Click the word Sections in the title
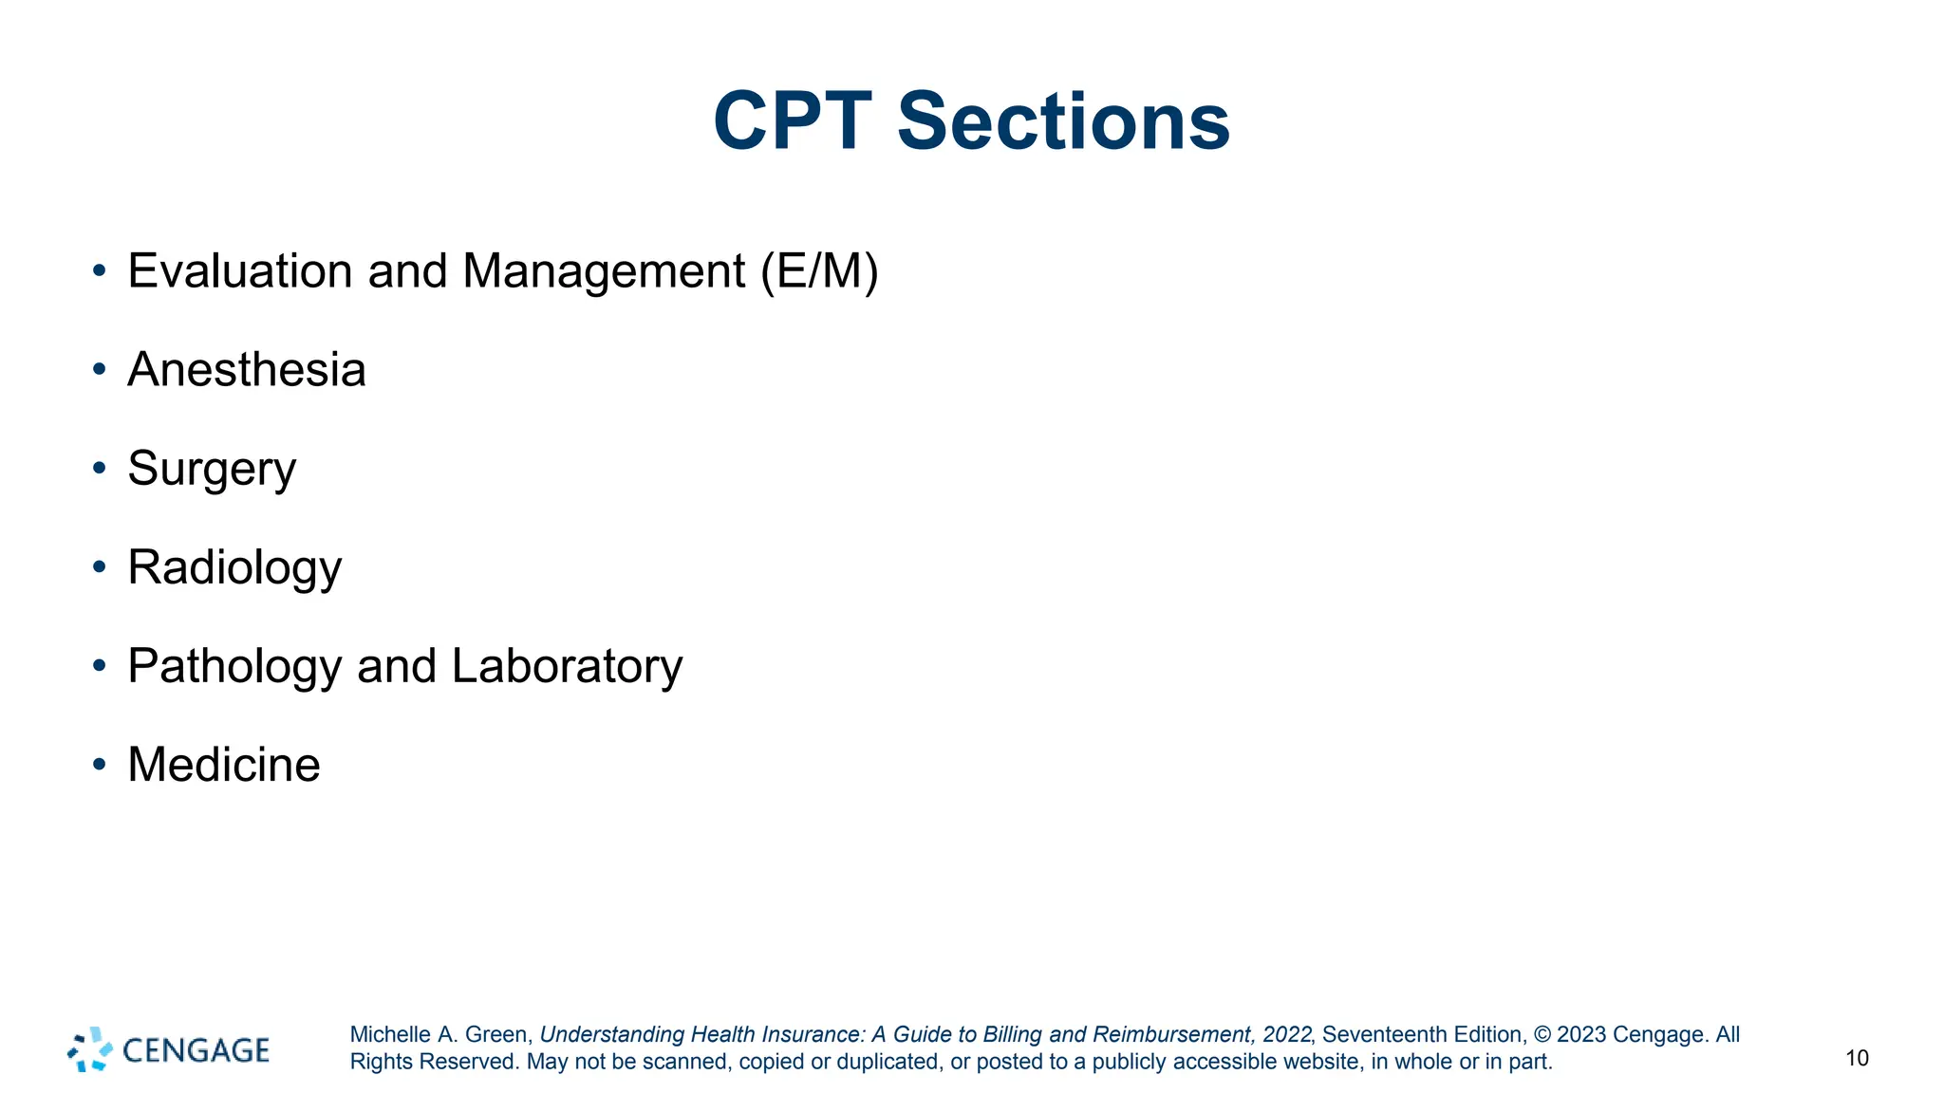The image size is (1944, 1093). tap(1063, 121)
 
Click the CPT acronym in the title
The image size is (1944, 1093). tap(792, 121)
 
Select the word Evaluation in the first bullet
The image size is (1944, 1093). tap(240, 271)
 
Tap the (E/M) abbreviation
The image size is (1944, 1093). tap(819, 271)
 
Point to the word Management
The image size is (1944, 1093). tap(604, 271)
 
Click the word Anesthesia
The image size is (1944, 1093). tap(247, 370)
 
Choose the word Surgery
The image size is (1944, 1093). tap(212, 469)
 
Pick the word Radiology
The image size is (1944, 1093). tap(234, 567)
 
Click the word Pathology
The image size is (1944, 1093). tap(234, 666)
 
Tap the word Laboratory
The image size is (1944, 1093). tap(567, 666)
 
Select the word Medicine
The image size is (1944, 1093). tap(224, 765)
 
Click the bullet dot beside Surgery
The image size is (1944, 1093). tap(100, 468)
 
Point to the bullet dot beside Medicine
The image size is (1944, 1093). tap(100, 764)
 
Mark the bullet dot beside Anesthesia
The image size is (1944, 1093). tap(100, 369)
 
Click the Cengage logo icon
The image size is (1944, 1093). tap(90, 1049)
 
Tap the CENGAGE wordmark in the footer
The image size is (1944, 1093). tap(196, 1050)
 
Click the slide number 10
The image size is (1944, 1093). tap(1857, 1058)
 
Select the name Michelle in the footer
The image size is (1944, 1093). tap(390, 1035)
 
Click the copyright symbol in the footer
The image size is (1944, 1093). tap(1542, 1035)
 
